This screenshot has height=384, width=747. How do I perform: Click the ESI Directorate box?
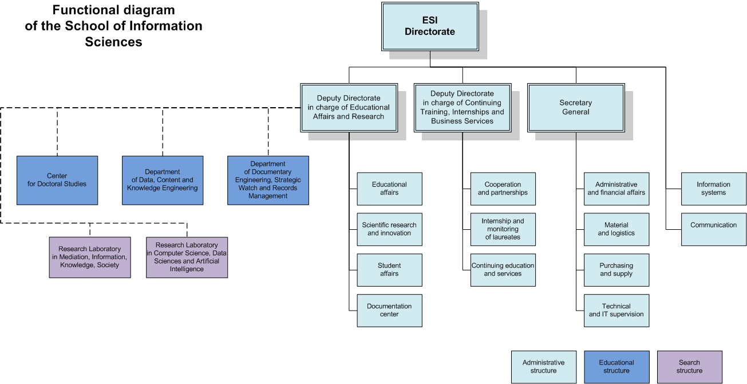tap(430, 26)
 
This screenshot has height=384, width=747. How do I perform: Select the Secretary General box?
tap(576, 108)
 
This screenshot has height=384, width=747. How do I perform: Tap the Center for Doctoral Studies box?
tap(57, 180)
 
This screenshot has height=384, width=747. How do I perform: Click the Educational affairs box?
tap(389, 189)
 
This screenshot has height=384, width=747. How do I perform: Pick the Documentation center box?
tap(389, 310)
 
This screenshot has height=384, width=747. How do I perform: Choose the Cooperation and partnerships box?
tap(503, 189)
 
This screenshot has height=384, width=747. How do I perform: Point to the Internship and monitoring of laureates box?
tap(503, 229)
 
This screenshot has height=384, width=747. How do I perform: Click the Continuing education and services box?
tap(503, 269)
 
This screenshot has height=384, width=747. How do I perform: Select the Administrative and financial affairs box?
tap(616, 189)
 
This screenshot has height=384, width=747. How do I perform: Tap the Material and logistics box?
tap(616, 229)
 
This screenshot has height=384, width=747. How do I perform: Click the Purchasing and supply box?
tap(616, 269)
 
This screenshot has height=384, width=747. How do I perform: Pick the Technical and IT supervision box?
tap(616, 310)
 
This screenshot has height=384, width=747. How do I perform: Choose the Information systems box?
tap(713, 189)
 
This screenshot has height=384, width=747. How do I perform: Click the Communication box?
tap(713, 229)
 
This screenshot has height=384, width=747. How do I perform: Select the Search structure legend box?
tap(689, 367)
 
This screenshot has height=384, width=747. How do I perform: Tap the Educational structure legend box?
tap(616, 367)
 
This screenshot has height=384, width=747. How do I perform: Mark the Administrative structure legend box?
tap(543, 367)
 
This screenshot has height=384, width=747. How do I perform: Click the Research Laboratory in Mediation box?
tap(90, 257)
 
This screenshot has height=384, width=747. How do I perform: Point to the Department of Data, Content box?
tap(163, 180)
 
